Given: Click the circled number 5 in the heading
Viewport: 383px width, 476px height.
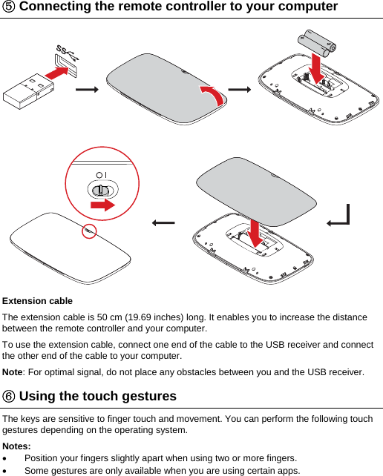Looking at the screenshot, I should coord(10,7).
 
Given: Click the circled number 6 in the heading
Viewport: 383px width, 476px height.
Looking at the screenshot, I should coord(10,396).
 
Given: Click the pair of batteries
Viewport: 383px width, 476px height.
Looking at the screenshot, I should coord(317,42).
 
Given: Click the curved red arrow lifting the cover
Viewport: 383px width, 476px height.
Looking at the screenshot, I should coord(210,96).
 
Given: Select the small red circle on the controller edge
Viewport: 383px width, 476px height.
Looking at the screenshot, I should coord(89,231).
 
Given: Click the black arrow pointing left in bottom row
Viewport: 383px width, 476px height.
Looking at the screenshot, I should coord(163,222).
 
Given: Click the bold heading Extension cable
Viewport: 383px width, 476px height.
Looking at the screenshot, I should coord(38,301).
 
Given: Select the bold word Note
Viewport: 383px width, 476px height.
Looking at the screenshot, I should coord(13,371).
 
